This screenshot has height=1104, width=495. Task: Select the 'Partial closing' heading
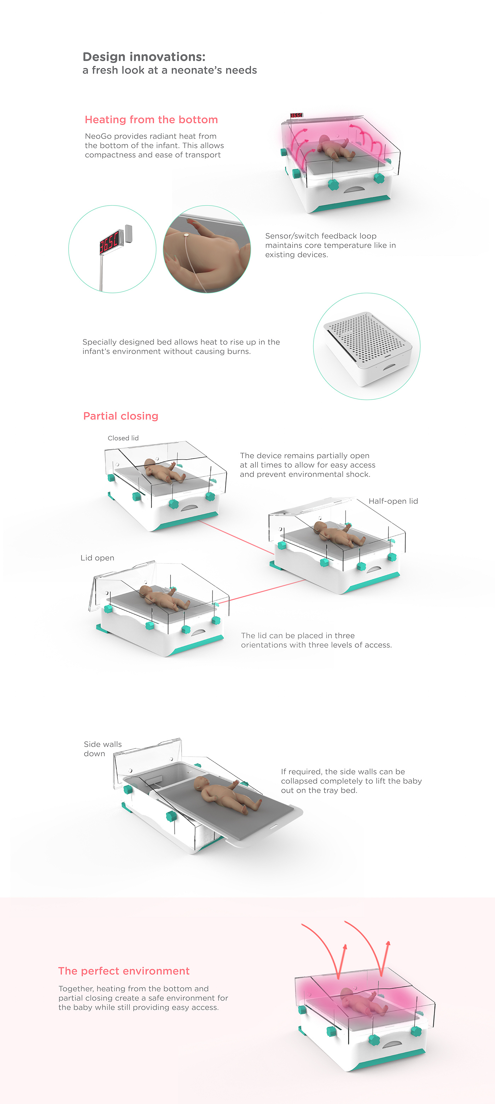(x=121, y=416)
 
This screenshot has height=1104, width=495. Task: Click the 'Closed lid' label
(x=123, y=438)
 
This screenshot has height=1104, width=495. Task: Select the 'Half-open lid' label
(x=393, y=501)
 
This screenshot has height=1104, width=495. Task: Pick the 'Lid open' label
(x=97, y=557)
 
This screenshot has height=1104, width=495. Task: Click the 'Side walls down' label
(x=103, y=749)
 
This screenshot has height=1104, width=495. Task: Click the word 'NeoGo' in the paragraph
(x=98, y=136)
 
